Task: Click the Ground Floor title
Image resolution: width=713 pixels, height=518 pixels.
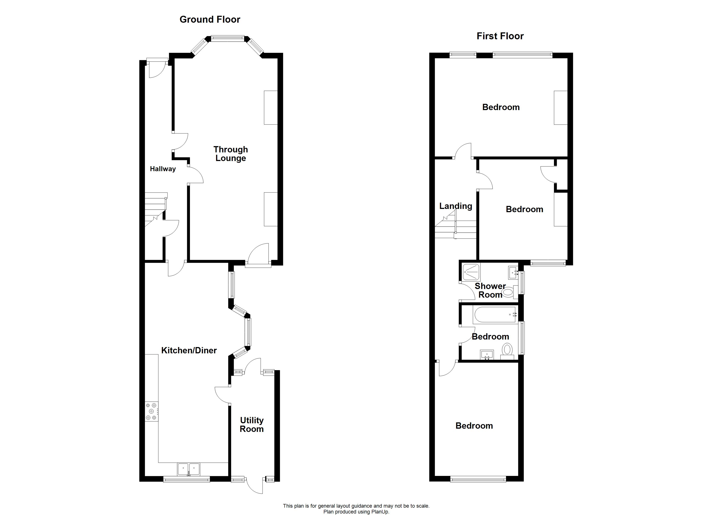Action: click(210, 19)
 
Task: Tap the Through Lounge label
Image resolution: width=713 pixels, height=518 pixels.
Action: click(231, 154)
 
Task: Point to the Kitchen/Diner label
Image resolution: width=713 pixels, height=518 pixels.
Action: click(189, 350)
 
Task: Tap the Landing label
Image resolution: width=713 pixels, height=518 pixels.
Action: click(455, 206)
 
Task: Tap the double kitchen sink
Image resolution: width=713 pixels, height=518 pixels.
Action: click(189, 469)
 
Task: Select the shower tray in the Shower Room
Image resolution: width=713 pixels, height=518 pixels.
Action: click(471, 272)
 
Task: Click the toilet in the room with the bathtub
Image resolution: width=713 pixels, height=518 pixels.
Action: click(507, 351)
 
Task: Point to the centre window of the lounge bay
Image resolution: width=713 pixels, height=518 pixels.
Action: click(227, 39)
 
